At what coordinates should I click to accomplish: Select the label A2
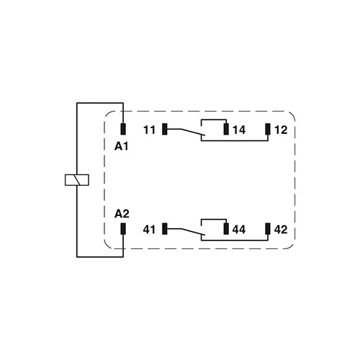click(122, 214)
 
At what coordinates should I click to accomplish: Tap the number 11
click(149, 130)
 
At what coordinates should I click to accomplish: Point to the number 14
click(239, 130)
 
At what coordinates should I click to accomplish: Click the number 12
click(281, 130)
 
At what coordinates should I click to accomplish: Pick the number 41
click(149, 230)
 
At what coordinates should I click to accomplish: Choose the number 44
click(239, 230)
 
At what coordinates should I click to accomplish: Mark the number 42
click(281, 230)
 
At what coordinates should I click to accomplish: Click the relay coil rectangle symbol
click(76, 180)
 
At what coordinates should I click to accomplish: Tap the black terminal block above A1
click(123, 130)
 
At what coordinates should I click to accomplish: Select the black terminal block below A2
click(123, 229)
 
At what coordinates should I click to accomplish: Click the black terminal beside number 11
click(165, 130)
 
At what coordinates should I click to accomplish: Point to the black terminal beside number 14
click(226, 130)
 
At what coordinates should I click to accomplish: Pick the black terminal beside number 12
click(268, 130)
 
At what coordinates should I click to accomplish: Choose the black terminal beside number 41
click(165, 229)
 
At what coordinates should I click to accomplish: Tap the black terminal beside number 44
click(226, 229)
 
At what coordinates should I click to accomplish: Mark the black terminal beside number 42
click(268, 229)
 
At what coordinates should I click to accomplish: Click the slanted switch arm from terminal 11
click(185, 133)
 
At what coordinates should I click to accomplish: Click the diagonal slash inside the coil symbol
click(76, 180)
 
